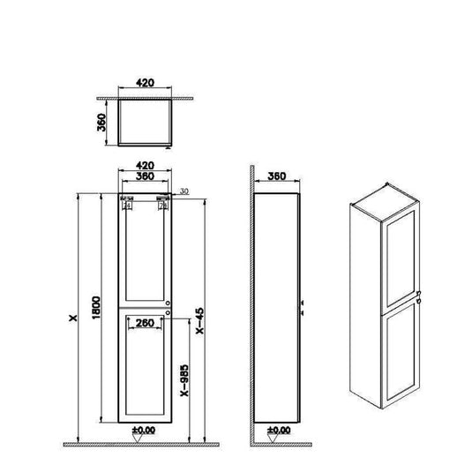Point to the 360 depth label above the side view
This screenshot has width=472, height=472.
coord(278,176)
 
